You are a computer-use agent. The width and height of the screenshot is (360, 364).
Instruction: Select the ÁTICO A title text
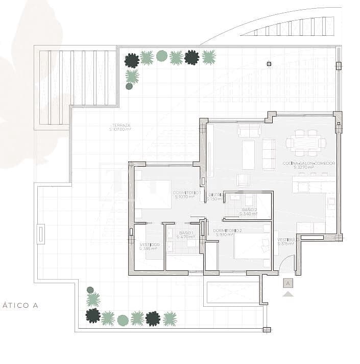coord(20,306)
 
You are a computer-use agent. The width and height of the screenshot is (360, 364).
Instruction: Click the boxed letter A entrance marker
coord(289,283)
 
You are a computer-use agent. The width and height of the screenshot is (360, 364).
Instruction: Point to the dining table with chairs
coord(305,143)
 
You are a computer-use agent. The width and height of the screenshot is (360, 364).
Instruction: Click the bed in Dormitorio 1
coord(153,194)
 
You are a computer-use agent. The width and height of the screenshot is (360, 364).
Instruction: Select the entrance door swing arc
coord(287,263)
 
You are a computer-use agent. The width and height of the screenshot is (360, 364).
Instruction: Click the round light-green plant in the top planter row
coord(162,56)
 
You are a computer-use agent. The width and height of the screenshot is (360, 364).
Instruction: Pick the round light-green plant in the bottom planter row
coord(123,320)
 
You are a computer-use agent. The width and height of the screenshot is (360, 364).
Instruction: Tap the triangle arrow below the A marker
coord(289,294)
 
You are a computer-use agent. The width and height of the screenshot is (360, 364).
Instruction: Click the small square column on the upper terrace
coord(269,64)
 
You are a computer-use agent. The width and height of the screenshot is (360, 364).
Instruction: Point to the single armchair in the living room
coord(243,180)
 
